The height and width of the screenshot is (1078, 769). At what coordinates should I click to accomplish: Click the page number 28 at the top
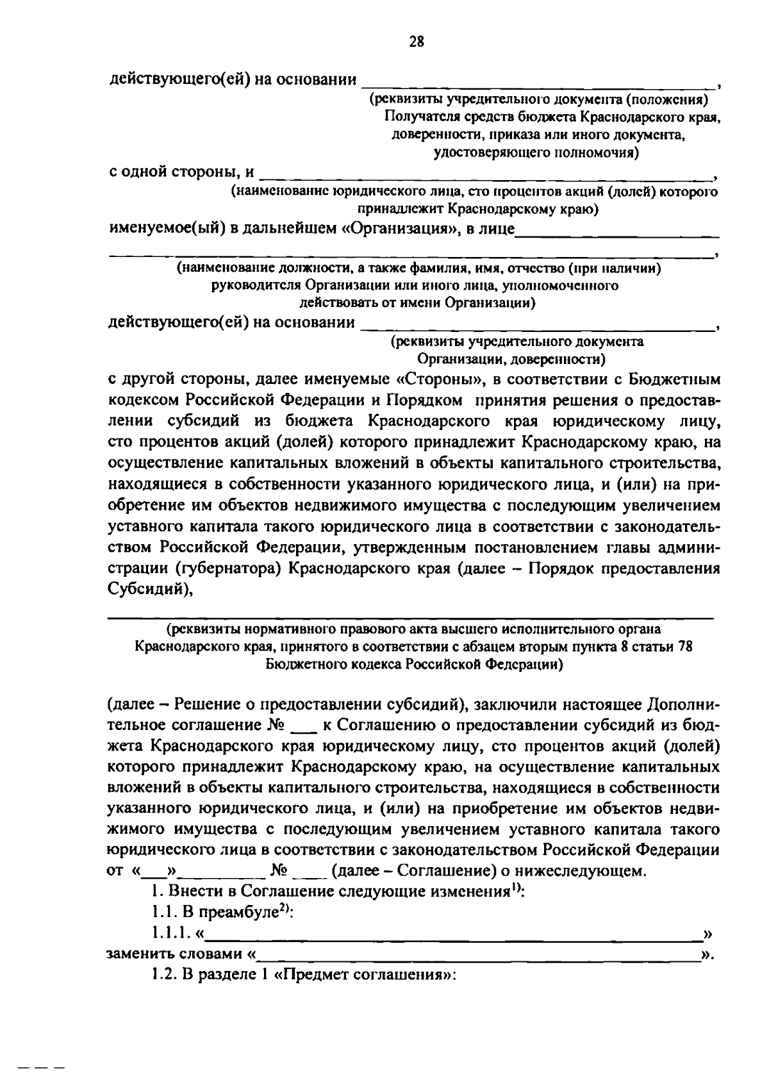[417, 42]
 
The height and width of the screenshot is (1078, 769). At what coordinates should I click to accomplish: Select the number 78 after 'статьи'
[684, 647]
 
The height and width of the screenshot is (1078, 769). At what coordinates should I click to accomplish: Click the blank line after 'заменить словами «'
[477, 955]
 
